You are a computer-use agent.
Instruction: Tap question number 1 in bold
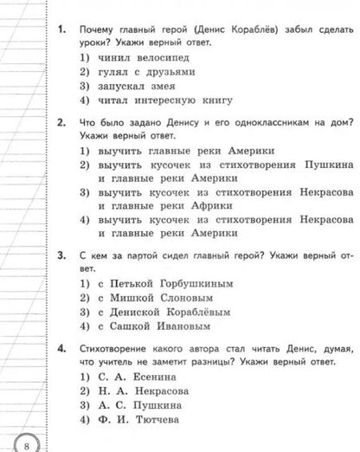[x=61, y=29]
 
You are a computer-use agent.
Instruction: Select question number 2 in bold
[x=61, y=124]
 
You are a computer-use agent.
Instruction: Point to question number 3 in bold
[x=61, y=255]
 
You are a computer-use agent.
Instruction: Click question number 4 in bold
[x=61, y=349]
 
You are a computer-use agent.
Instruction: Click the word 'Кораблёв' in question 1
[x=245, y=29]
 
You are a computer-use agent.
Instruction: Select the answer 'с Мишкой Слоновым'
[x=142, y=298]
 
